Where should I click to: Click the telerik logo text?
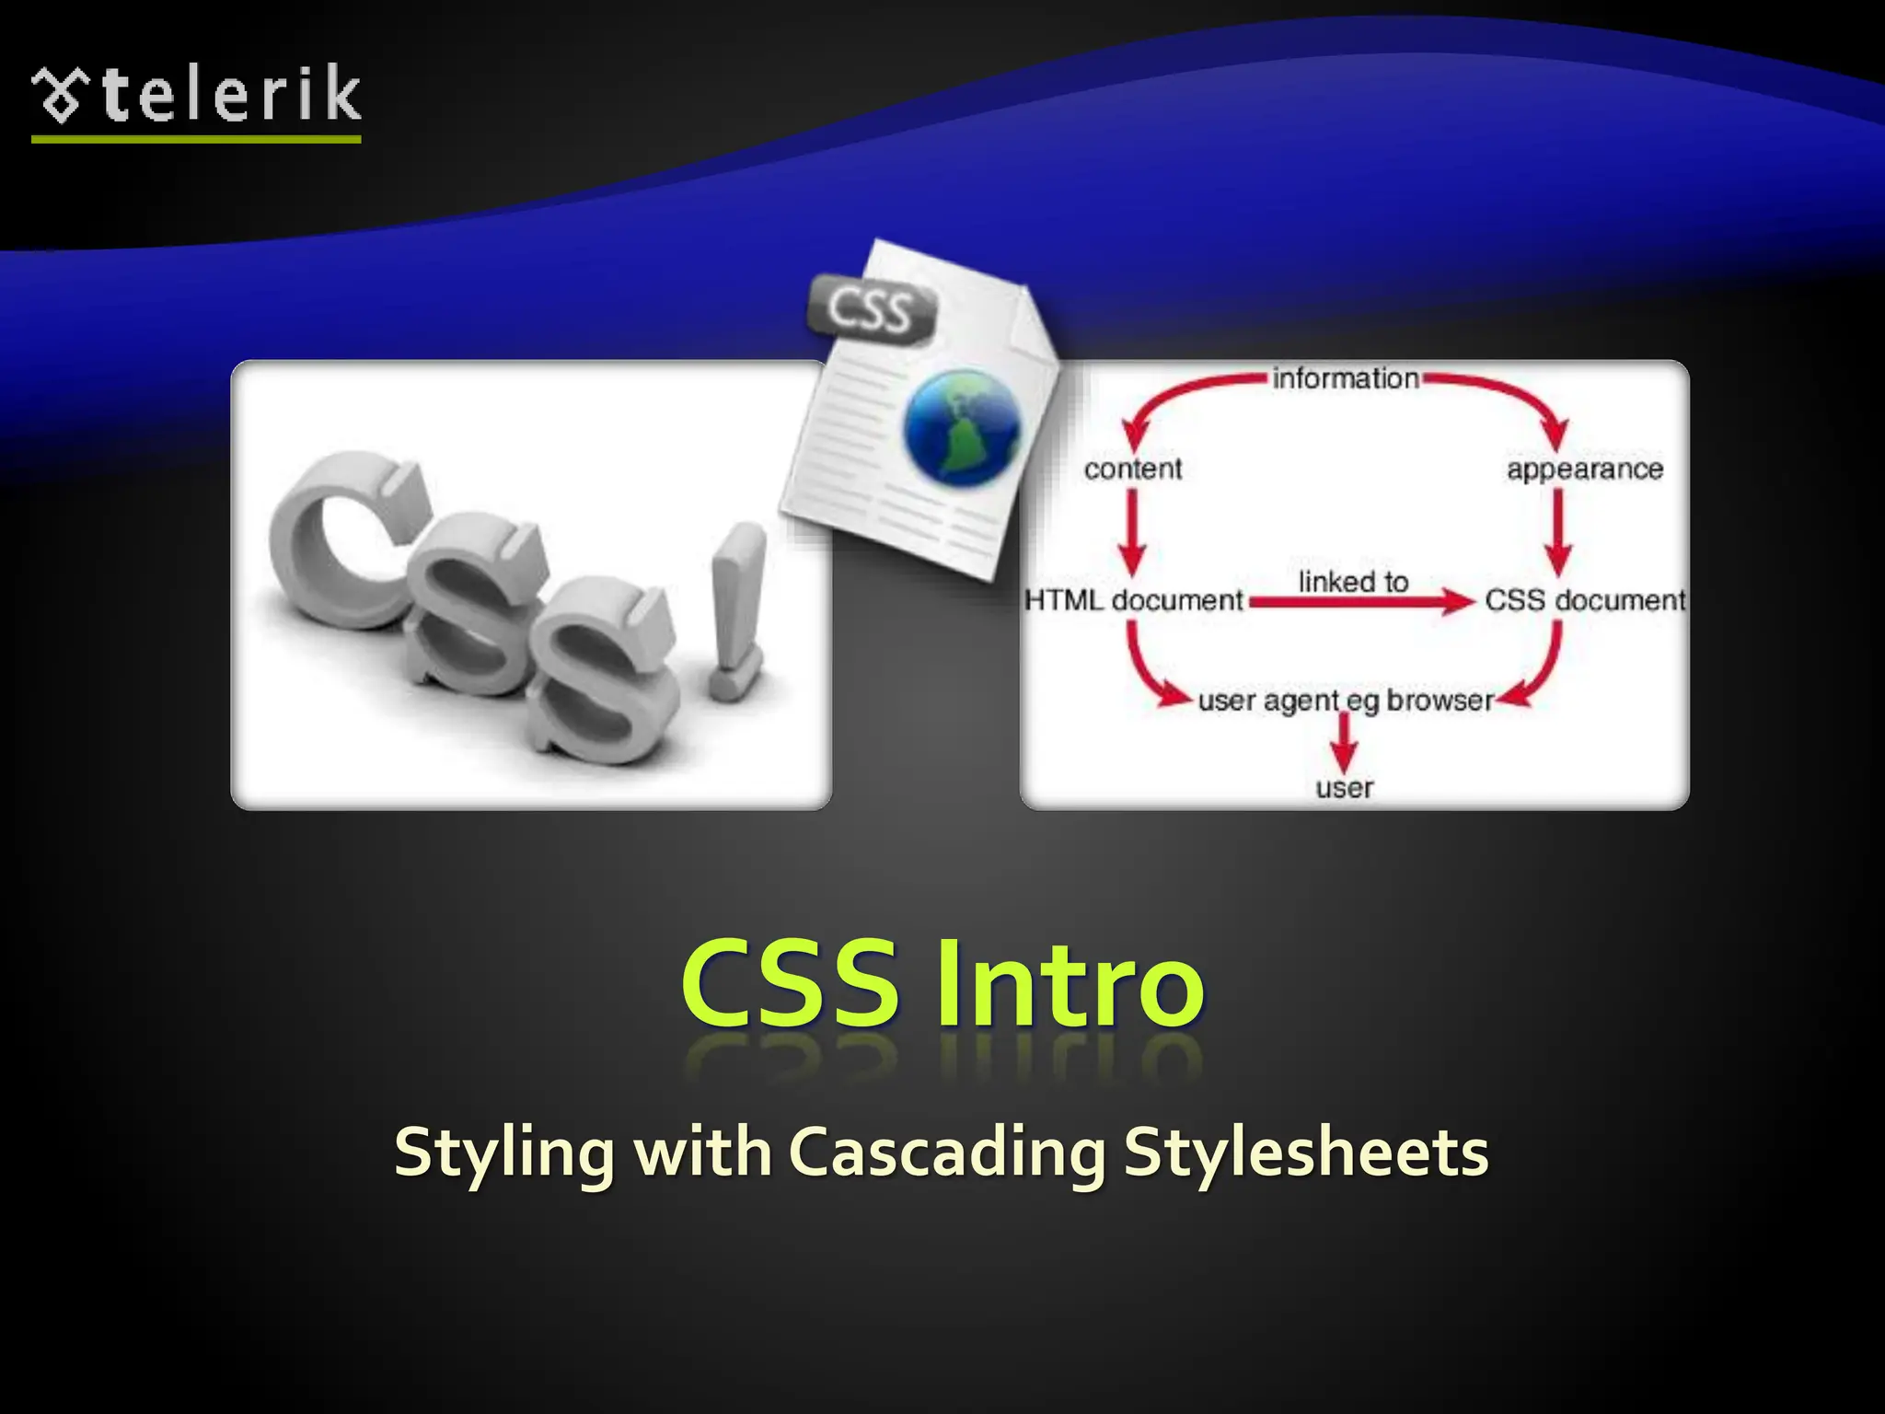(230, 95)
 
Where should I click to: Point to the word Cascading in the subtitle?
(947, 1153)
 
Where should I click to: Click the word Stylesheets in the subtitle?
(1305, 1153)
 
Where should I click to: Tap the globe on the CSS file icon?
(963, 425)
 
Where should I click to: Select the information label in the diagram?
(1346, 378)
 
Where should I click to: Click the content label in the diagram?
(1132, 469)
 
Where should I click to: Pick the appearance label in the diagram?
(1584, 469)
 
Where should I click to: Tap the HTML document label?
(1133, 600)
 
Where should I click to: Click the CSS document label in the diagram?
(1584, 600)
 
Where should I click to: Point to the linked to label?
(1353, 582)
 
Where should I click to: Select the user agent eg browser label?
(1345, 701)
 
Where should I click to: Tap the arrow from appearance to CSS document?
(1557, 534)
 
